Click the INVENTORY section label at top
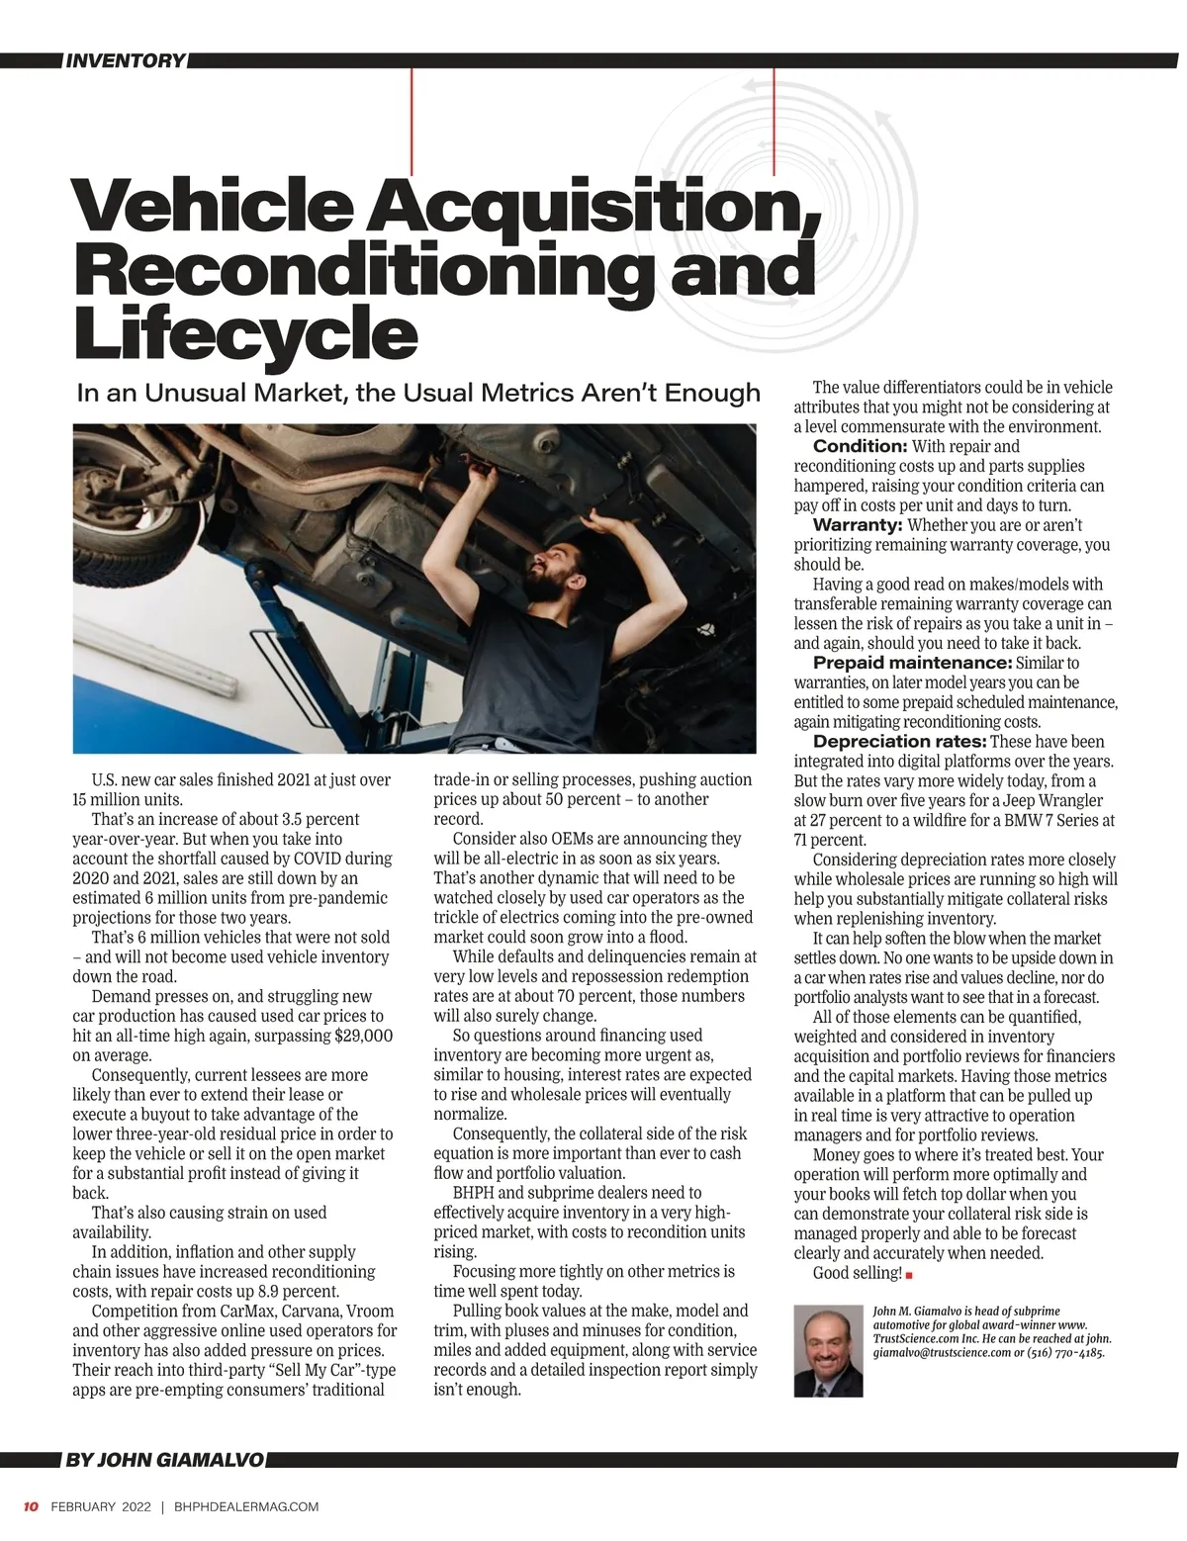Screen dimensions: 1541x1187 coord(125,61)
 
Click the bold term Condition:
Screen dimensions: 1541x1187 coord(860,446)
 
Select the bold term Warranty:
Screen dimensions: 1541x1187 coord(858,524)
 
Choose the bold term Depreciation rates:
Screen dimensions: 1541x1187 coord(899,742)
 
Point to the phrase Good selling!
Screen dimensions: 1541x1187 coord(857,1273)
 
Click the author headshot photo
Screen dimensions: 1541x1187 coord(828,1350)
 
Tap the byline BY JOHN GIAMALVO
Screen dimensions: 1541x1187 coord(164,1460)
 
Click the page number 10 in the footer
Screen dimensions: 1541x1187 coord(31,1507)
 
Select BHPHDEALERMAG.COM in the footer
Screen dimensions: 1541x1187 coord(246,1507)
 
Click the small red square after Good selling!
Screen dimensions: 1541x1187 coord(909,1274)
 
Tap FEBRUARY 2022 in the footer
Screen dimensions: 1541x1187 coord(101,1507)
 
